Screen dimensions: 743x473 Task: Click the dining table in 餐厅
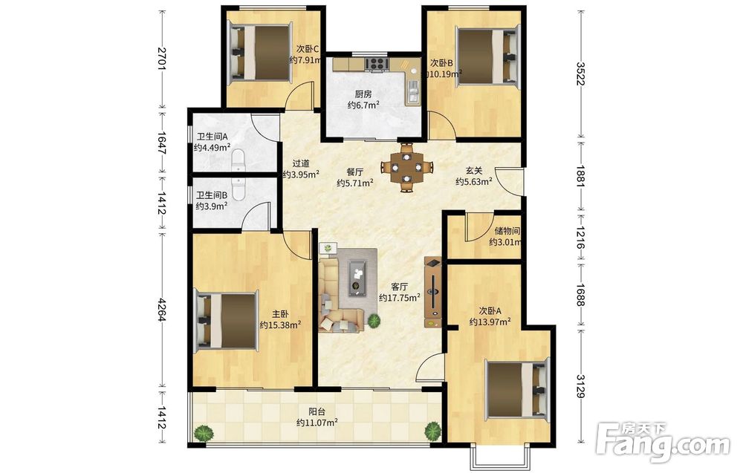(406, 167)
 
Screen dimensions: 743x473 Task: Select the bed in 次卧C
(260, 52)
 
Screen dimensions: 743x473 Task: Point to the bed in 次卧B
(486, 57)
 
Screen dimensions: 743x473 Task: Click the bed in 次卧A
(517, 390)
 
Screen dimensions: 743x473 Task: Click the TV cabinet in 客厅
(433, 292)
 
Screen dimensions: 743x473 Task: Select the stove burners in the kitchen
(377, 63)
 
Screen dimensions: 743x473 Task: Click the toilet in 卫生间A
(239, 160)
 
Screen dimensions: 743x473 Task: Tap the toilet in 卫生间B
(238, 189)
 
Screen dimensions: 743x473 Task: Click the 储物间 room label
(507, 231)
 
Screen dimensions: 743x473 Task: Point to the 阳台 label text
(317, 412)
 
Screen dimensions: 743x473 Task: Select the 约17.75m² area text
(400, 298)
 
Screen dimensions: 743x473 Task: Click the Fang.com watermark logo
(663, 440)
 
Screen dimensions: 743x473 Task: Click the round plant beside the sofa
(374, 321)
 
